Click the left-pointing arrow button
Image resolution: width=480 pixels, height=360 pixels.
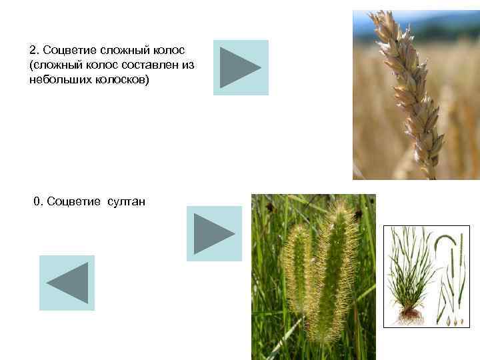click(x=67, y=283)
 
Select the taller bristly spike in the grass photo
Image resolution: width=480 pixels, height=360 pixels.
click(x=337, y=267)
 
